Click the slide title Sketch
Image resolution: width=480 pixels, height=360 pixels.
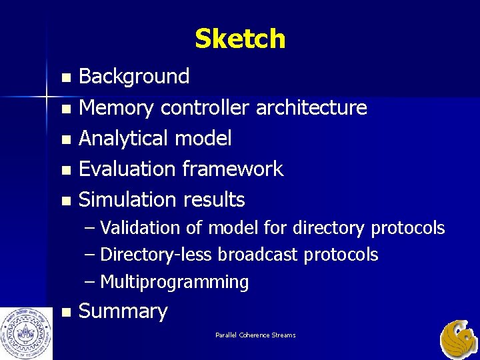(x=240, y=39)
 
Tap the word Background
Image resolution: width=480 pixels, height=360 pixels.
(x=134, y=77)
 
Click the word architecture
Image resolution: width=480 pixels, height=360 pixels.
(x=311, y=107)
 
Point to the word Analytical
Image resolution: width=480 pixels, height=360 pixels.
(x=123, y=139)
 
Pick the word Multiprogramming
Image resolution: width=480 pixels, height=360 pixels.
(x=175, y=283)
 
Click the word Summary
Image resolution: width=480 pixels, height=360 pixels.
(x=123, y=312)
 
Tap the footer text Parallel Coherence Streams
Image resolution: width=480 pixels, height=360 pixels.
(x=255, y=335)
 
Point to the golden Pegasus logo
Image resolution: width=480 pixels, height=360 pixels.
(x=459, y=339)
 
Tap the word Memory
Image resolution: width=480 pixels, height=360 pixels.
(x=117, y=107)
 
